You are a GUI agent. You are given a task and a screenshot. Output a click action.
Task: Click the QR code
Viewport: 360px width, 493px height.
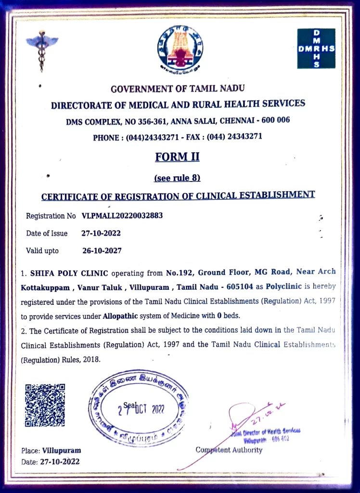tap(45, 405)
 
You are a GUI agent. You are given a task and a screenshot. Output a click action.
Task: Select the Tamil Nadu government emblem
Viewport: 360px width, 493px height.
tap(180, 48)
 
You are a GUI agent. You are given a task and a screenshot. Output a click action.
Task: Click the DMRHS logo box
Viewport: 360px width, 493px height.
tap(316, 48)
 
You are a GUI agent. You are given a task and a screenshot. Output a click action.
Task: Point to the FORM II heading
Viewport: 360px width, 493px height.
tap(177, 157)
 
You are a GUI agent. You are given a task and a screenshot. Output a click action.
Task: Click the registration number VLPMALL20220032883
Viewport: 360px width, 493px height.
tap(122, 216)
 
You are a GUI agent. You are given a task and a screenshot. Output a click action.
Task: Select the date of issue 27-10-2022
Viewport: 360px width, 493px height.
tap(101, 234)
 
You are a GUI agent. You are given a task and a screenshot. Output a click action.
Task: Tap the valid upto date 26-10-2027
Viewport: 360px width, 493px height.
tap(102, 251)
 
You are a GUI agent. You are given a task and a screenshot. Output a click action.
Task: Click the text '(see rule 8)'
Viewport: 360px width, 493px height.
tap(177, 178)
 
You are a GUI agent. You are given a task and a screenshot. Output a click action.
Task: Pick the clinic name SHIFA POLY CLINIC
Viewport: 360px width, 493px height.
tap(69, 273)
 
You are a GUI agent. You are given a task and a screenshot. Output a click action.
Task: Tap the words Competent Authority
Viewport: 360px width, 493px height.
tap(229, 450)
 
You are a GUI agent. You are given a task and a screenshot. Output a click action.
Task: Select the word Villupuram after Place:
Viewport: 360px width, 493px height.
tap(62, 451)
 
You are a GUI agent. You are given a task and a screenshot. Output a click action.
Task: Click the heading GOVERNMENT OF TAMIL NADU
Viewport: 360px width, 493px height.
tap(178, 89)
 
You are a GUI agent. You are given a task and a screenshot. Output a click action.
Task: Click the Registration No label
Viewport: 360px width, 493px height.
tap(51, 216)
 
